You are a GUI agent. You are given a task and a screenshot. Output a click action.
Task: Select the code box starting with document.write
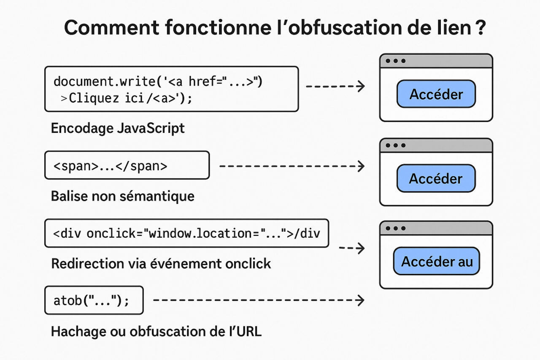[x=171, y=89]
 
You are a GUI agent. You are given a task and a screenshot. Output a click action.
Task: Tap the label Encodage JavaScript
[x=118, y=128]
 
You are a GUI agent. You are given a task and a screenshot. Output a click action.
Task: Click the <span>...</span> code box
[x=127, y=165]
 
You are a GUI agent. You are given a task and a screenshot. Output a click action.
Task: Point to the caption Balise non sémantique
[x=122, y=196]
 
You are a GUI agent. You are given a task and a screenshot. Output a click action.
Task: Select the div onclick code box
[x=186, y=233]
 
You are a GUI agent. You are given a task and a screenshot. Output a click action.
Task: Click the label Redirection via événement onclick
[x=161, y=264]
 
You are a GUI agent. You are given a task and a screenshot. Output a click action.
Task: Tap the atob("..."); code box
[x=94, y=300]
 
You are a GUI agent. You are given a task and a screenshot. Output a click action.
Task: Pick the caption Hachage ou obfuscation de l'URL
[x=156, y=331]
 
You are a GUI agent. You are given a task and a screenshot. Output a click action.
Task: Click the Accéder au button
[x=437, y=261]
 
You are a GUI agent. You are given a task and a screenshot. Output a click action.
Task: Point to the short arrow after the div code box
[x=352, y=248]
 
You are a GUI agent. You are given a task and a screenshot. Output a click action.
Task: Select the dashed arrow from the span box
[x=292, y=166]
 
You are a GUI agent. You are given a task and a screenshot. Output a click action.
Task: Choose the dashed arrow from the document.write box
[x=335, y=87]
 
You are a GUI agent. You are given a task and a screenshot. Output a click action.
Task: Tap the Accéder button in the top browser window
[x=436, y=94]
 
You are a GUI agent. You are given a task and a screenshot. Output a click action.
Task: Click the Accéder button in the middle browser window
[x=436, y=178]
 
